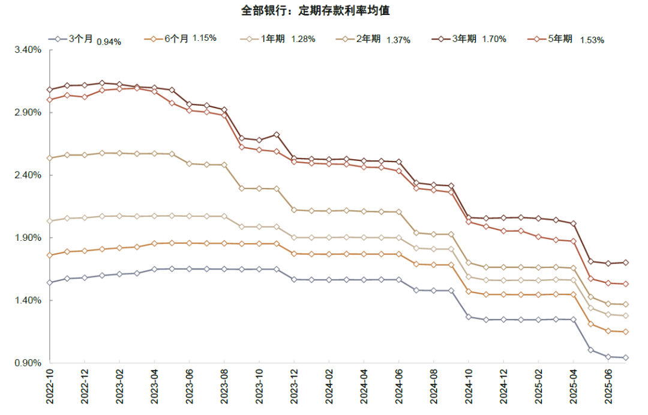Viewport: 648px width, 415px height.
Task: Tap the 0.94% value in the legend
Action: [109, 41]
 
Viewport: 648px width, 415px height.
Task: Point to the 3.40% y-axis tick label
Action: [28, 50]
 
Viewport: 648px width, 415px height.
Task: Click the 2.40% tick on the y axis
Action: [28, 175]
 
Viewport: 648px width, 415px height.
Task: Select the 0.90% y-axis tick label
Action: [28, 363]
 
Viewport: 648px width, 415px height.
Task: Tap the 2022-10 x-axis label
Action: [50, 389]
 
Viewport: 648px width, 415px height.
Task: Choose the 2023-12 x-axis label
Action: [294, 389]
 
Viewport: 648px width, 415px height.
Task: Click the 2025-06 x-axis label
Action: [608, 389]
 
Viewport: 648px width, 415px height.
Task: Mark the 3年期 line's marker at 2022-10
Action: [50, 89]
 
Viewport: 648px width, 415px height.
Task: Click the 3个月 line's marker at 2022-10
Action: [50, 282]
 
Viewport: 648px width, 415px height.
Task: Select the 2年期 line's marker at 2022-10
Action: [50, 158]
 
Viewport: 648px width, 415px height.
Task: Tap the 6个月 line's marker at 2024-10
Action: [469, 292]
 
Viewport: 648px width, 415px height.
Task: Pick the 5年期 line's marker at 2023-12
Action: [294, 162]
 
